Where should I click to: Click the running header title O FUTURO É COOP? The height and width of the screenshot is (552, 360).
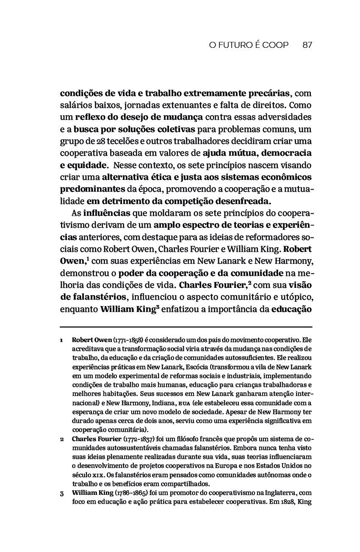coord(249,45)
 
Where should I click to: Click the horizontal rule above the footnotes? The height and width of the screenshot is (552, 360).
coord(186,327)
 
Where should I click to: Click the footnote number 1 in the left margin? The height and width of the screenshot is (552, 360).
coord(62,340)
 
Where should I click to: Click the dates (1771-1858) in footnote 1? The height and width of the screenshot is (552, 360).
coord(127,340)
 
